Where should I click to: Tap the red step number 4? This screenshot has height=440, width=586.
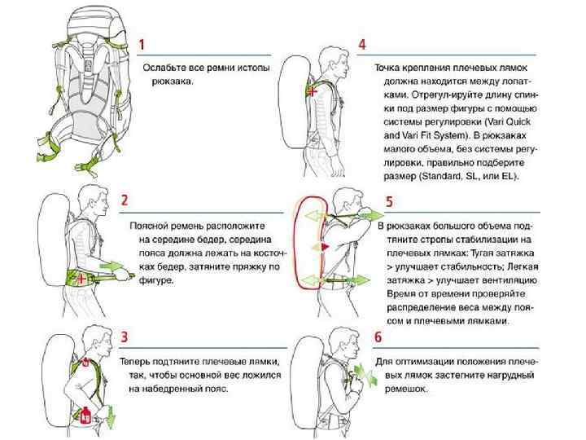point(362,44)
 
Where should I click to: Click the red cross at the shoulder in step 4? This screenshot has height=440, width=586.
point(313,92)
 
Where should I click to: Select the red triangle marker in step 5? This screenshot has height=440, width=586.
point(324,244)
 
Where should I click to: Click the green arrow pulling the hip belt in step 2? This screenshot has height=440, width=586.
point(113,266)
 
